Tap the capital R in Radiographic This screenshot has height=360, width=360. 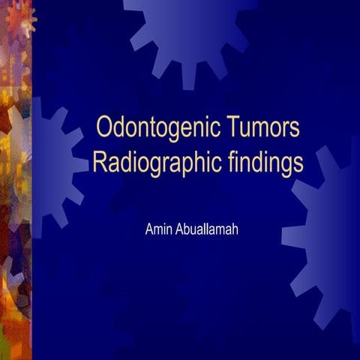[x=98, y=162]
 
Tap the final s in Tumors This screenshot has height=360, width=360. [x=295, y=129]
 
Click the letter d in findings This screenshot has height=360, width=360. [x=259, y=162]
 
